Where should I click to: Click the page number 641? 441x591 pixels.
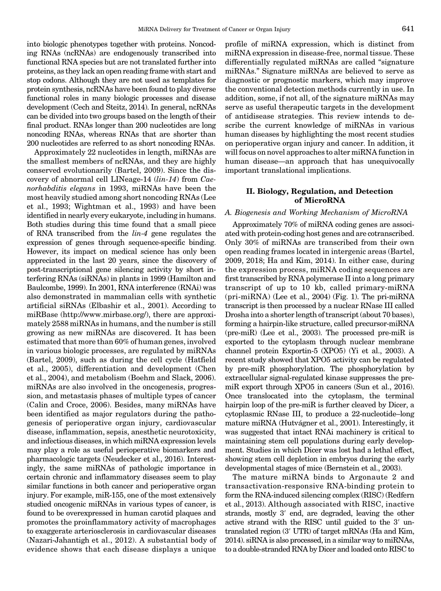(x=408, y=29)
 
